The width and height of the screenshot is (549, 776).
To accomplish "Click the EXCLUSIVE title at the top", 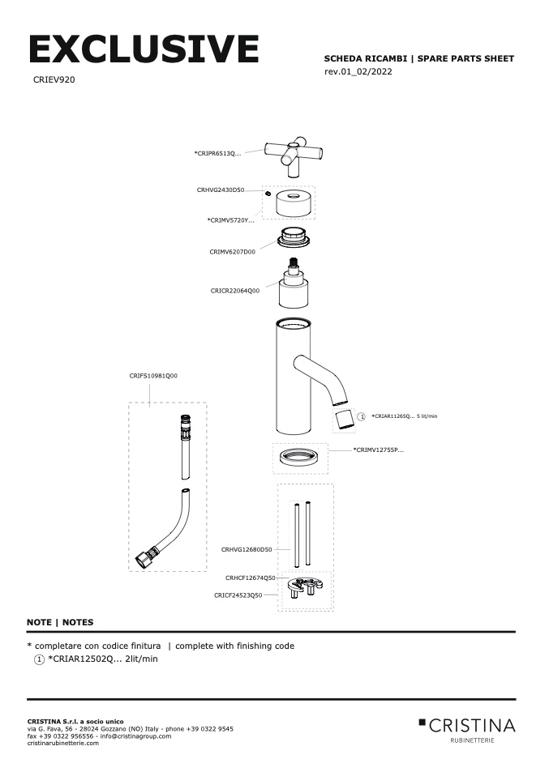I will coord(144,50).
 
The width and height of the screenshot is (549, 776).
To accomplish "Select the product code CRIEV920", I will coord(54,81).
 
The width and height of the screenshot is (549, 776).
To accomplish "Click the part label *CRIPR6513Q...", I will coord(218,152).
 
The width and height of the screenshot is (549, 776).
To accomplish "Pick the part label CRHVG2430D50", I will coord(221,190).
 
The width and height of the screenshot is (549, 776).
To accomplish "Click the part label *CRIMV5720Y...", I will coord(230,220).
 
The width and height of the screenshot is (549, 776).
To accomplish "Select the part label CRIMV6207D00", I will coord(232,252).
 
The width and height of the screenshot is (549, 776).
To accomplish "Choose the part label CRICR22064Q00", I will coord(235,289).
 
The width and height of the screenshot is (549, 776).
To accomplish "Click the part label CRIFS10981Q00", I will coord(153,376).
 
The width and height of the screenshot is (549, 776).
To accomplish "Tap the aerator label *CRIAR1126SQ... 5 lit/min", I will coord(404,416).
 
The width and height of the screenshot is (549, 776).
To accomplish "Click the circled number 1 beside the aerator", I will coord(362,416).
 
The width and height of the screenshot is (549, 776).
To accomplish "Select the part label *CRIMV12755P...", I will coord(378,449).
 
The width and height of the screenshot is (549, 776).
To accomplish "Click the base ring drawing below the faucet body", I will coord(302,458).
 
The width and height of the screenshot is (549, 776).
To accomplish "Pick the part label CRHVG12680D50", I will coord(247,549).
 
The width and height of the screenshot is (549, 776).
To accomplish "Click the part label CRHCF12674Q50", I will coord(251,578).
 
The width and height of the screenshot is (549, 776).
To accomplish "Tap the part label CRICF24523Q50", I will coord(238,595).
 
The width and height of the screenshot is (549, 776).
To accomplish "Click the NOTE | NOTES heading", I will coord(60,622).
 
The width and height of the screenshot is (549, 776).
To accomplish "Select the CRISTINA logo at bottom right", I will coord(467,725).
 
